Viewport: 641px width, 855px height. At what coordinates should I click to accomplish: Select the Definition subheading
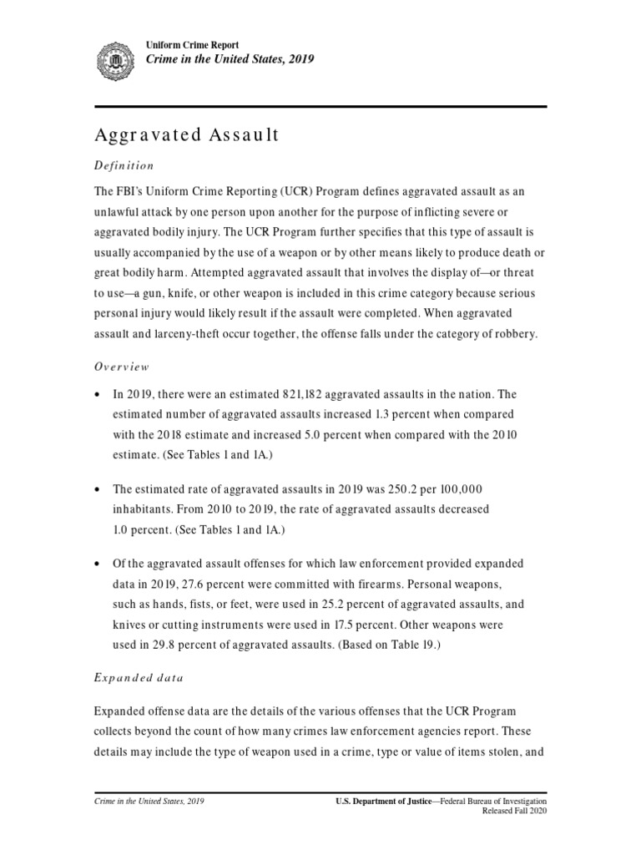pyautogui.click(x=123, y=165)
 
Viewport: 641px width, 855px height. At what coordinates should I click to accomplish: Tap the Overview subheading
pyautogui.click(x=121, y=366)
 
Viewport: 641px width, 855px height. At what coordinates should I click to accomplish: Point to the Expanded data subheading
pyautogui.click(x=138, y=678)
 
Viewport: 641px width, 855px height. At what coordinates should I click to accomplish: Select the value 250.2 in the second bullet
pyautogui.click(x=404, y=488)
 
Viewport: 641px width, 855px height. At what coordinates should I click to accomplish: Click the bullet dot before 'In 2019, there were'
pyautogui.click(x=99, y=395)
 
